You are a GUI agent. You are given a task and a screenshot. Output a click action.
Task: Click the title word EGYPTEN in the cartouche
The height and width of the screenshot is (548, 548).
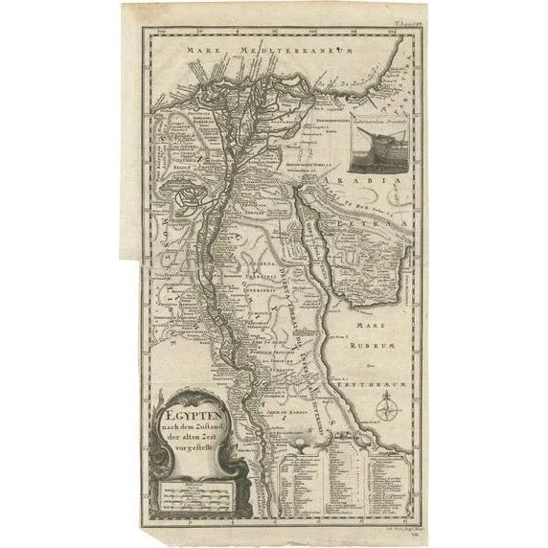(x=192, y=414)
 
